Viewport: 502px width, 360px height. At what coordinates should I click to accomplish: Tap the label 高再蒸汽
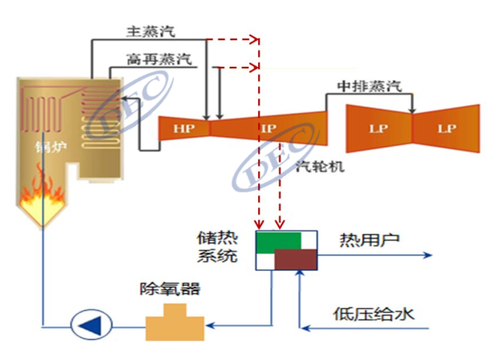[x=160, y=59]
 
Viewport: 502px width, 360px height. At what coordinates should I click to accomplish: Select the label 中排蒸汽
[x=370, y=85]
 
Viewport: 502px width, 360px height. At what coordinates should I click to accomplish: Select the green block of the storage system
[x=278, y=241]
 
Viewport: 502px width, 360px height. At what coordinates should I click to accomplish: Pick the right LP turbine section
[x=447, y=129]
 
